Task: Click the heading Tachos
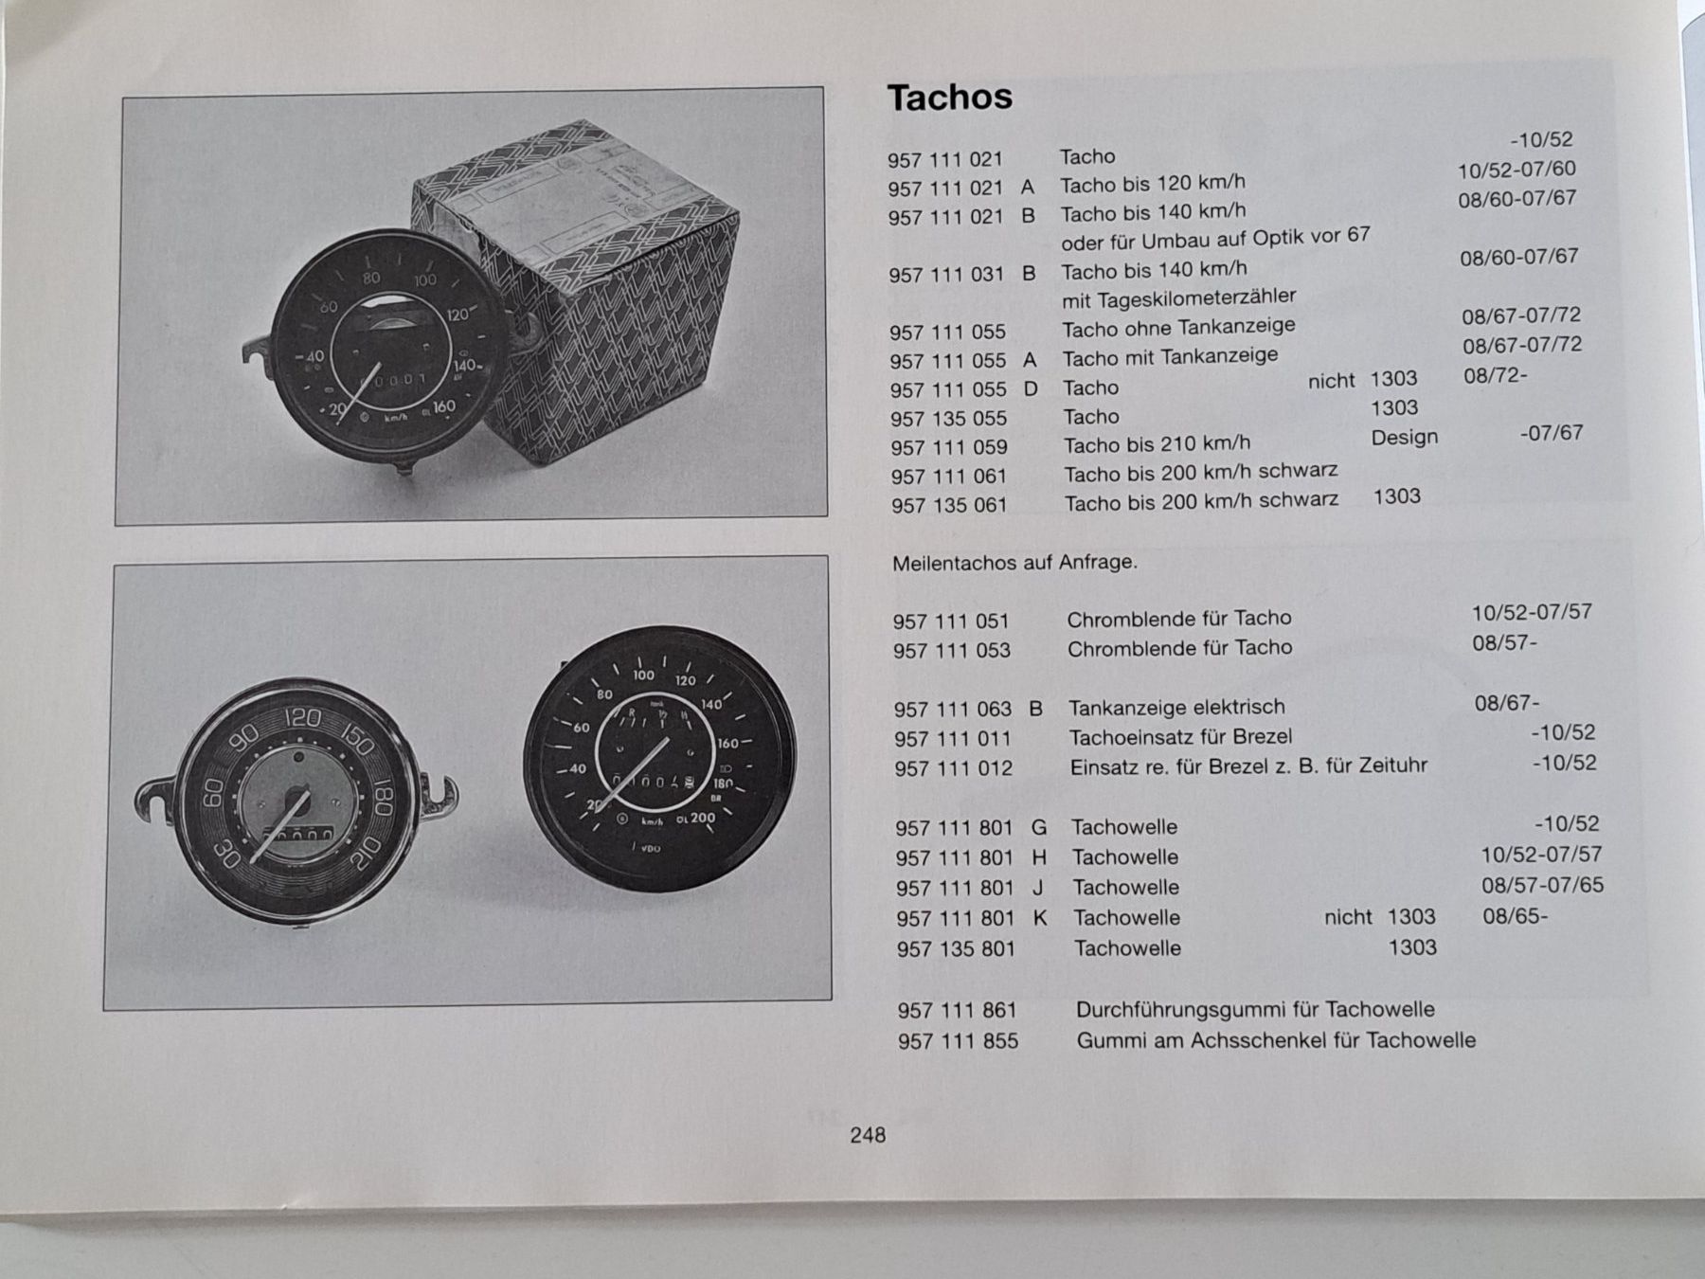coord(949,97)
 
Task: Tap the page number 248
coord(868,1135)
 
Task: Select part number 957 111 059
coord(948,447)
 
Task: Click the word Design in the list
coord(1405,437)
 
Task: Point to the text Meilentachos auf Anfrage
coord(1014,562)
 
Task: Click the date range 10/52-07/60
coord(1517,170)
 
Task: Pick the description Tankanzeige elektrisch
coord(1176,708)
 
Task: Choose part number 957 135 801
coord(956,948)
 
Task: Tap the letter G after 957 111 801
coord(1039,827)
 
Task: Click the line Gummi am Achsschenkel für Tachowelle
coord(1276,1040)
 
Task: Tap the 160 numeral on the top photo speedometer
coord(443,407)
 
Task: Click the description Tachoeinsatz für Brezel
coord(1180,737)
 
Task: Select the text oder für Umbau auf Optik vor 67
coord(1215,237)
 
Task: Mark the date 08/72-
coord(1495,375)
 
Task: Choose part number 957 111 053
coord(951,651)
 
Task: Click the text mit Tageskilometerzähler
coord(1178,298)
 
